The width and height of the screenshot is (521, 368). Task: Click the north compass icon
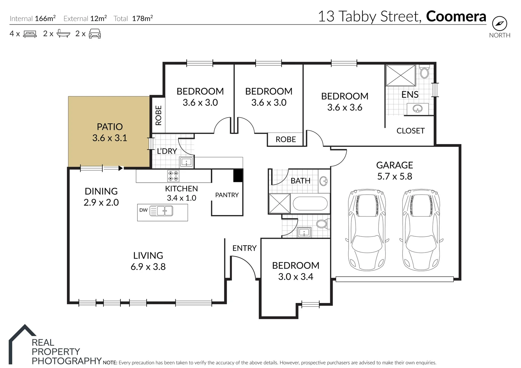click(x=500, y=24)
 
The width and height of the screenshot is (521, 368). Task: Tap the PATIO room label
click(x=110, y=127)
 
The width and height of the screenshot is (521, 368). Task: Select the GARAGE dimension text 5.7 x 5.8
click(x=394, y=177)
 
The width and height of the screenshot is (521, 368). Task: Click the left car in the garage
click(x=367, y=230)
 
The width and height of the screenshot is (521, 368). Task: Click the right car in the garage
click(x=421, y=230)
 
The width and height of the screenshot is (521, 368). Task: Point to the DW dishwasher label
click(x=143, y=210)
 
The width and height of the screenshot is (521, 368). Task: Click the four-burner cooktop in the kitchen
click(x=173, y=176)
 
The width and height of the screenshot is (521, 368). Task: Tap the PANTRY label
click(x=227, y=195)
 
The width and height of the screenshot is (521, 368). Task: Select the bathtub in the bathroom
click(x=310, y=203)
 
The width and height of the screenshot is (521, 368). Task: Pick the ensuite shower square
click(x=401, y=76)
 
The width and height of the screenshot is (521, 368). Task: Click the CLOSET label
click(x=410, y=131)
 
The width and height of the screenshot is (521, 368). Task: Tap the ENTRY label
click(x=244, y=248)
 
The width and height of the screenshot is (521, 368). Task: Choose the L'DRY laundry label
click(x=167, y=151)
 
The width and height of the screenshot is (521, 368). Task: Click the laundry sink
click(x=187, y=162)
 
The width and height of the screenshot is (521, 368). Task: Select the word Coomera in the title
click(x=456, y=16)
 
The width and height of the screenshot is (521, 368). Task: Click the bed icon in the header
click(x=30, y=34)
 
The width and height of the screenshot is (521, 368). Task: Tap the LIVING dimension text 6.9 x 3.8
click(x=148, y=267)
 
